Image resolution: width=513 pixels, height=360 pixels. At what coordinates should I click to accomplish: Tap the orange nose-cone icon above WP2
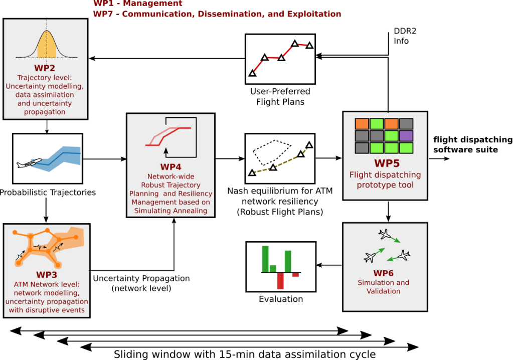click(x=46, y=45)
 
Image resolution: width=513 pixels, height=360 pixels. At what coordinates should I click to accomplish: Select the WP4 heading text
click(x=170, y=167)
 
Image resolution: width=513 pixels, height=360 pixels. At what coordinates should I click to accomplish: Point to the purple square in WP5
click(x=406, y=135)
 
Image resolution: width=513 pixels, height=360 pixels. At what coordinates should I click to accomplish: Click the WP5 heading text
click(x=385, y=163)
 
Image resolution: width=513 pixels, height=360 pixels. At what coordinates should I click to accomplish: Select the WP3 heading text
click(x=47, y=275)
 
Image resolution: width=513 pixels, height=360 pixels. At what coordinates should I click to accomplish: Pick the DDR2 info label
click(x=405, y=36)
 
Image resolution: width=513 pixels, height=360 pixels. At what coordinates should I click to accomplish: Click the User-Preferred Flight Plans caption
click(x=280, y=96)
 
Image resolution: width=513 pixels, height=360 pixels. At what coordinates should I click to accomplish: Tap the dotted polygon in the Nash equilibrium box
click(x=271, y=150)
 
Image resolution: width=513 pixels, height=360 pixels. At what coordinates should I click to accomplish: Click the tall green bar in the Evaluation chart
click(x=265, y=259)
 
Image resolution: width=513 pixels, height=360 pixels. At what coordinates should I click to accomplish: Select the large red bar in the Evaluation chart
click(x=280, y=281)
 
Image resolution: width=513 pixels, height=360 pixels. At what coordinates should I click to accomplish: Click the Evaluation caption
click(x=281, y=299)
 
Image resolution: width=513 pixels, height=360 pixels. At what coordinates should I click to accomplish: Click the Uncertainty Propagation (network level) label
click(x=141, y=283)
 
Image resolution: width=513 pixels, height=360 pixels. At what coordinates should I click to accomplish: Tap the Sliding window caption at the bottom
click(x=244, y=354)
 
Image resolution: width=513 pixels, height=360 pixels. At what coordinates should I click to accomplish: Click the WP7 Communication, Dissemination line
click(x=217, y=14)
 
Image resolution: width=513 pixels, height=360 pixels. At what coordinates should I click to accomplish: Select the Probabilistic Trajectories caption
click(x=48, y=192)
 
